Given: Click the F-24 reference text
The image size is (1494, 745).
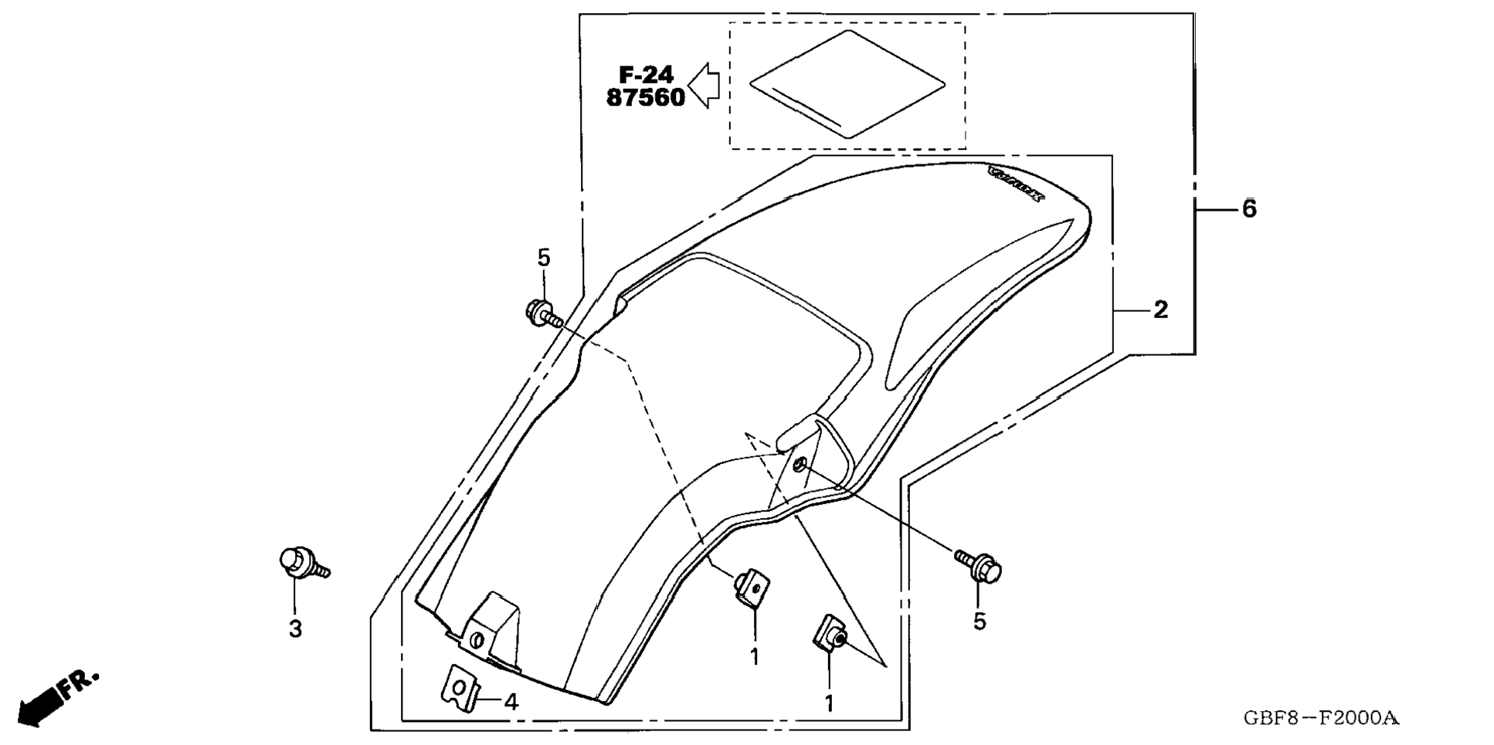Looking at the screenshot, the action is coord(646,74).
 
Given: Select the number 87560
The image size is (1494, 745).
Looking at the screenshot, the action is coord(646,98).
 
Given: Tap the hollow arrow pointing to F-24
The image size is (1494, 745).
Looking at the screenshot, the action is coord(704,85).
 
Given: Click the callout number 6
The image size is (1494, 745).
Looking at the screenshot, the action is coord(1249,208).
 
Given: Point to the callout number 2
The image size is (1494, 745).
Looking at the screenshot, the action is coord(1160,310).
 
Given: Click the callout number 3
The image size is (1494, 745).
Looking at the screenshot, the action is coord(295,629).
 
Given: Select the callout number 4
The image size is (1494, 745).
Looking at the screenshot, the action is coord(511,702).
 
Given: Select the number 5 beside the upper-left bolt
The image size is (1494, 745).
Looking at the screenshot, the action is coord(544,258).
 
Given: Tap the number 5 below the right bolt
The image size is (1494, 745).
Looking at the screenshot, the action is coord(980,621).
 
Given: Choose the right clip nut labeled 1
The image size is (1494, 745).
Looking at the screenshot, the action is coord(830,633).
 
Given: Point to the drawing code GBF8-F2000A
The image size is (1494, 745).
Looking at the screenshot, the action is coord(1321,719).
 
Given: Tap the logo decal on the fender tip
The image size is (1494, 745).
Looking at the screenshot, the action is coord(1016,185).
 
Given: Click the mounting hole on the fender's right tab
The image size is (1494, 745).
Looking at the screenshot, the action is coord(800,464).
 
